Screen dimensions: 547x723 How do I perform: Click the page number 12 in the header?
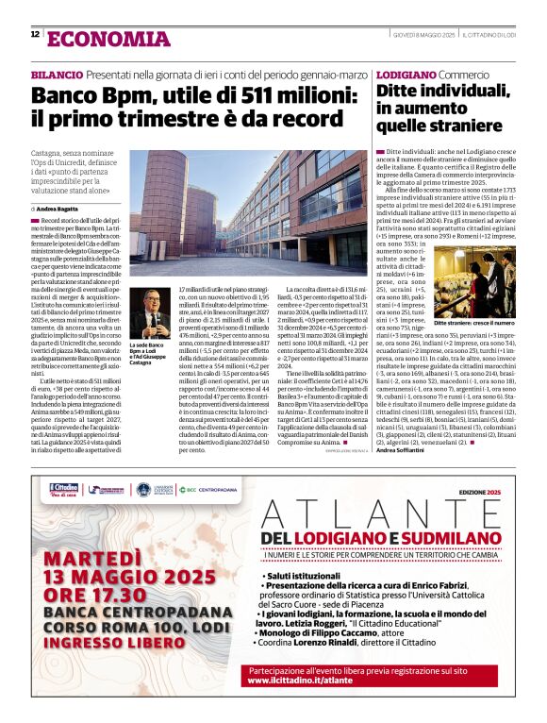(35, 35)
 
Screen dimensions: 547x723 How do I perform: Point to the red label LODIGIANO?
(405, 75)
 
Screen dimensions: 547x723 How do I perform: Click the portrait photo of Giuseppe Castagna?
(149, 313)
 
